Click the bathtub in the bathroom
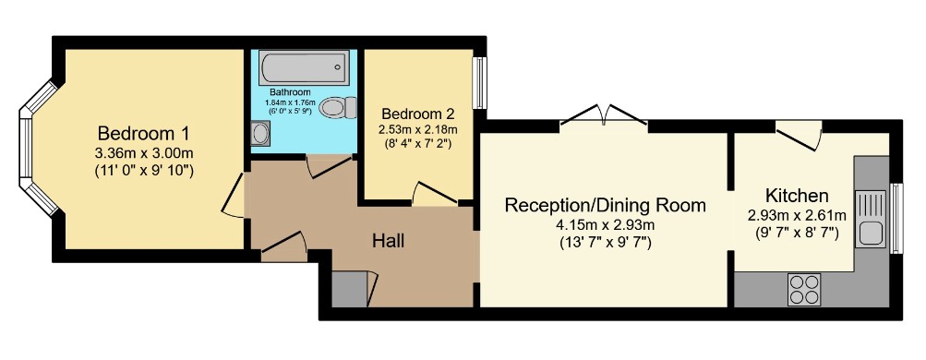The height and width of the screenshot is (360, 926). [304, 66]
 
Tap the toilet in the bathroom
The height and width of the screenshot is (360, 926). [338, 107]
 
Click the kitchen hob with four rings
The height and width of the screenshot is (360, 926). [804, 290]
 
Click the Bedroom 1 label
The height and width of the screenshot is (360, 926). [143, 132]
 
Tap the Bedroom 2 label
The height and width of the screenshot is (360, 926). [418, 114]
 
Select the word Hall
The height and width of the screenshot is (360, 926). [388, 241]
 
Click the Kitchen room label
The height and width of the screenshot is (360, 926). [797, 196]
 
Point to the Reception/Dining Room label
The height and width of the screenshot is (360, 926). [606, 205]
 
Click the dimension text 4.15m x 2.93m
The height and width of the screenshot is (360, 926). [606, 225]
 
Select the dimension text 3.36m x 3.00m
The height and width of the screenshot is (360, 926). [144, 153]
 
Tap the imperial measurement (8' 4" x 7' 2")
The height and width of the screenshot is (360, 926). [417, 142]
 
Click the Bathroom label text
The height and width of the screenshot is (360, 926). [290, 92]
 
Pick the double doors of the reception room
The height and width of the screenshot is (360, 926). [604, 115]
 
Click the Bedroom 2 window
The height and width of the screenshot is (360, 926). [480, 83]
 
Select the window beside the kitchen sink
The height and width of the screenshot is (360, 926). [896, 219]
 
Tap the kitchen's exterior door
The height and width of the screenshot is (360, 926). [799, 135]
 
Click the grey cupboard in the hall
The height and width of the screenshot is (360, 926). [348, 289]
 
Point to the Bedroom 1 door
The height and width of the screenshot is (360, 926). [234, 196]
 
